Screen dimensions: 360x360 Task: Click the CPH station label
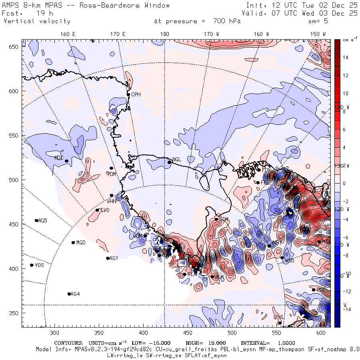(136, 94)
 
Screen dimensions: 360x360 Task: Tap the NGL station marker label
(176, 159)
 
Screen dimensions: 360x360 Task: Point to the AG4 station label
(75, 294)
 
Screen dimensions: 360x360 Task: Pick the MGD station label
(81, 243)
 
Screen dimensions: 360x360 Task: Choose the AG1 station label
(114, 258)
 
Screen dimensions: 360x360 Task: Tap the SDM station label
(224, 219)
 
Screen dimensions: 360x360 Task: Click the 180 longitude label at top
(164, 34)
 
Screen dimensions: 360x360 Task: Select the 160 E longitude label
(68, 34)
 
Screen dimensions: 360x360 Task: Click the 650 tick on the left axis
(15, 47)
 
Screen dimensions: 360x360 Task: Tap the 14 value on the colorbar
(345, 58)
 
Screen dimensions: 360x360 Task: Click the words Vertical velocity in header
(37, 21)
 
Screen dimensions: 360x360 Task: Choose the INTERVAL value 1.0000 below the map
(286, 343)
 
